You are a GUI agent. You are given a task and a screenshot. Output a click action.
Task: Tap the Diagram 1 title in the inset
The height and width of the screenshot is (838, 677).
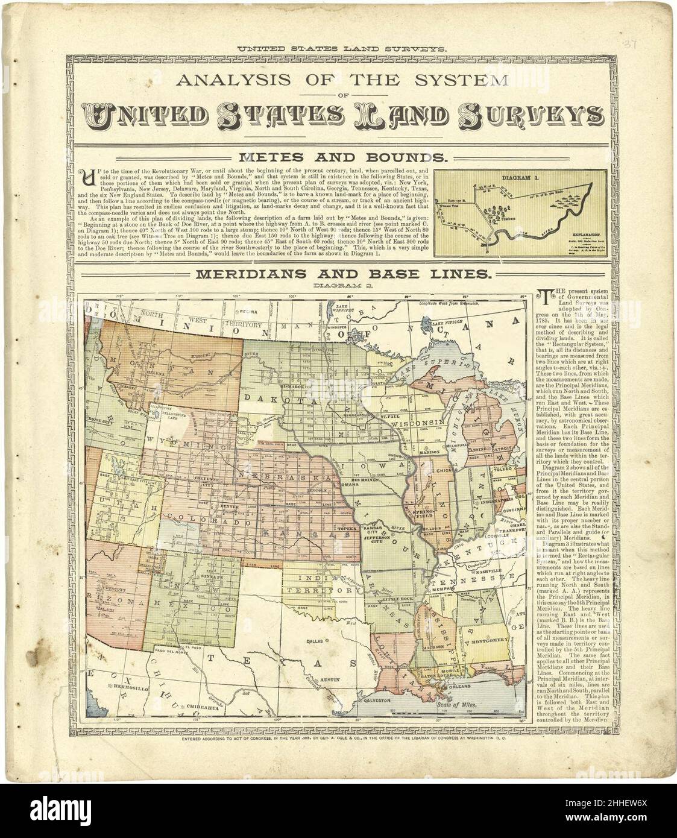tap(521, 178)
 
